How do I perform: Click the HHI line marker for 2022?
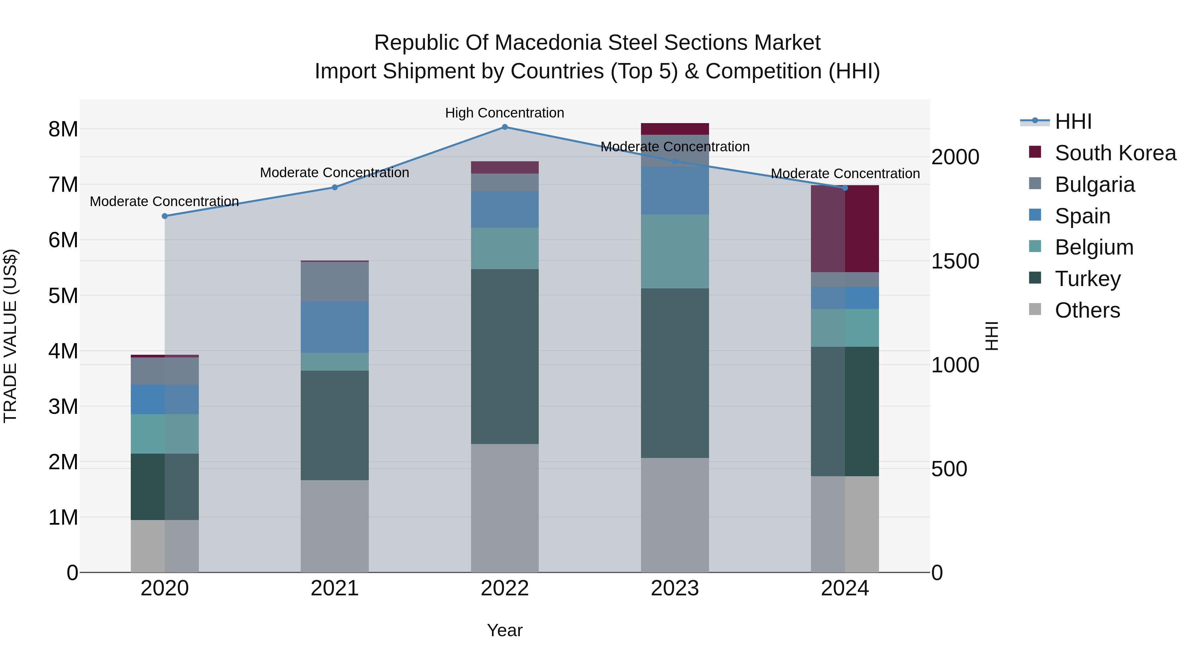[x=505, y=127]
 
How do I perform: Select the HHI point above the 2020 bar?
[x=165, y=216]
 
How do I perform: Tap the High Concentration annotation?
[x=504, y=113]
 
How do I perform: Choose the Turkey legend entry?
[x=1087, y=279]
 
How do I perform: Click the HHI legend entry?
[x=1073, y=121]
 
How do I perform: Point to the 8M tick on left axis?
[x=63, y=129]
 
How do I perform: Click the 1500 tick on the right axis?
[x=955, y=261]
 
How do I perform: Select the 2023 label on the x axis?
[x=675, y=588]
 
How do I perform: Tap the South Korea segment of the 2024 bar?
[x=845, y=229]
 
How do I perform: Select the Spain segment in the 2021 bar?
[x=335, y=327]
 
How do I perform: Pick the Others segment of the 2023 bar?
[x=675, y=515]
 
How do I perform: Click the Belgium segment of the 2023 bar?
[x=675, y=251]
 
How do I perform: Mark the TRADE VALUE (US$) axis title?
[x=10, y=336]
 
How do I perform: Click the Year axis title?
[x=504, y=630]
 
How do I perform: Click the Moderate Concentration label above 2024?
[x=845, y=174]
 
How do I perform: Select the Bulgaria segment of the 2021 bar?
[x=335, y=281]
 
